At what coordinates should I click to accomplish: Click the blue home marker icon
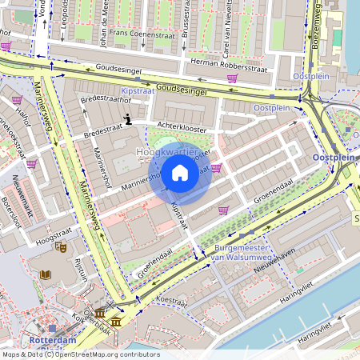(x=180, y=172)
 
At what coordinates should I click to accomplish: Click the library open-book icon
(x=46, y=274)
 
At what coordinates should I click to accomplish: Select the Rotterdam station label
(x=52, y=340)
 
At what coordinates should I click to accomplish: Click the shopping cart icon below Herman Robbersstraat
(x=232, y=78)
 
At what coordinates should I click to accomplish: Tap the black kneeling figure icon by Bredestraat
(x=128, y=120)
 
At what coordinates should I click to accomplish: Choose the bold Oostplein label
(x=335, y=158)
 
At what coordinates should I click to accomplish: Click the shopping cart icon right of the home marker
(x=216, y=168)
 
